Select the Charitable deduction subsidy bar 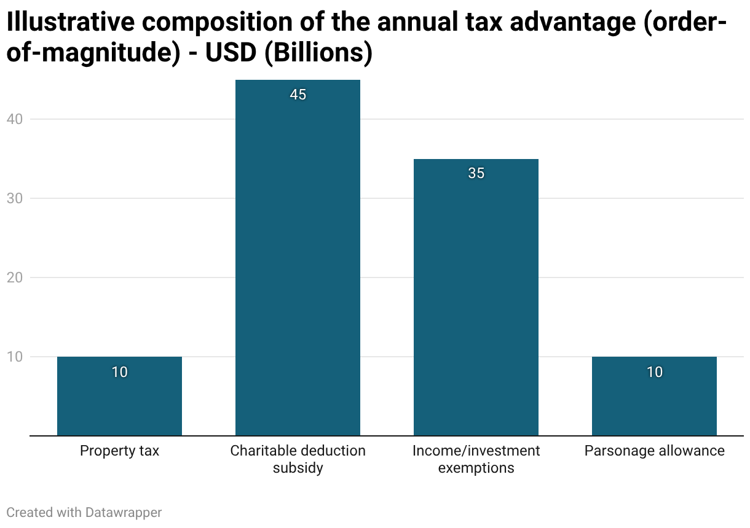pos(298,258)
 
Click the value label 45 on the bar pos(298,95)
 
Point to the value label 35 pos(476,174)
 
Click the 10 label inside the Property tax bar pos(119,372)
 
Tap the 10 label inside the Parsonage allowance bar pos(654,372)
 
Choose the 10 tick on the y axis pos(14,357)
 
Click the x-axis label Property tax pos(119,451)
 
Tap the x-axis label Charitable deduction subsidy pos(298,459)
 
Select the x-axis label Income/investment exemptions pos(476,459)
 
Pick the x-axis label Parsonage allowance pos(654,451)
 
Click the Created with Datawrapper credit pos(84,512)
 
